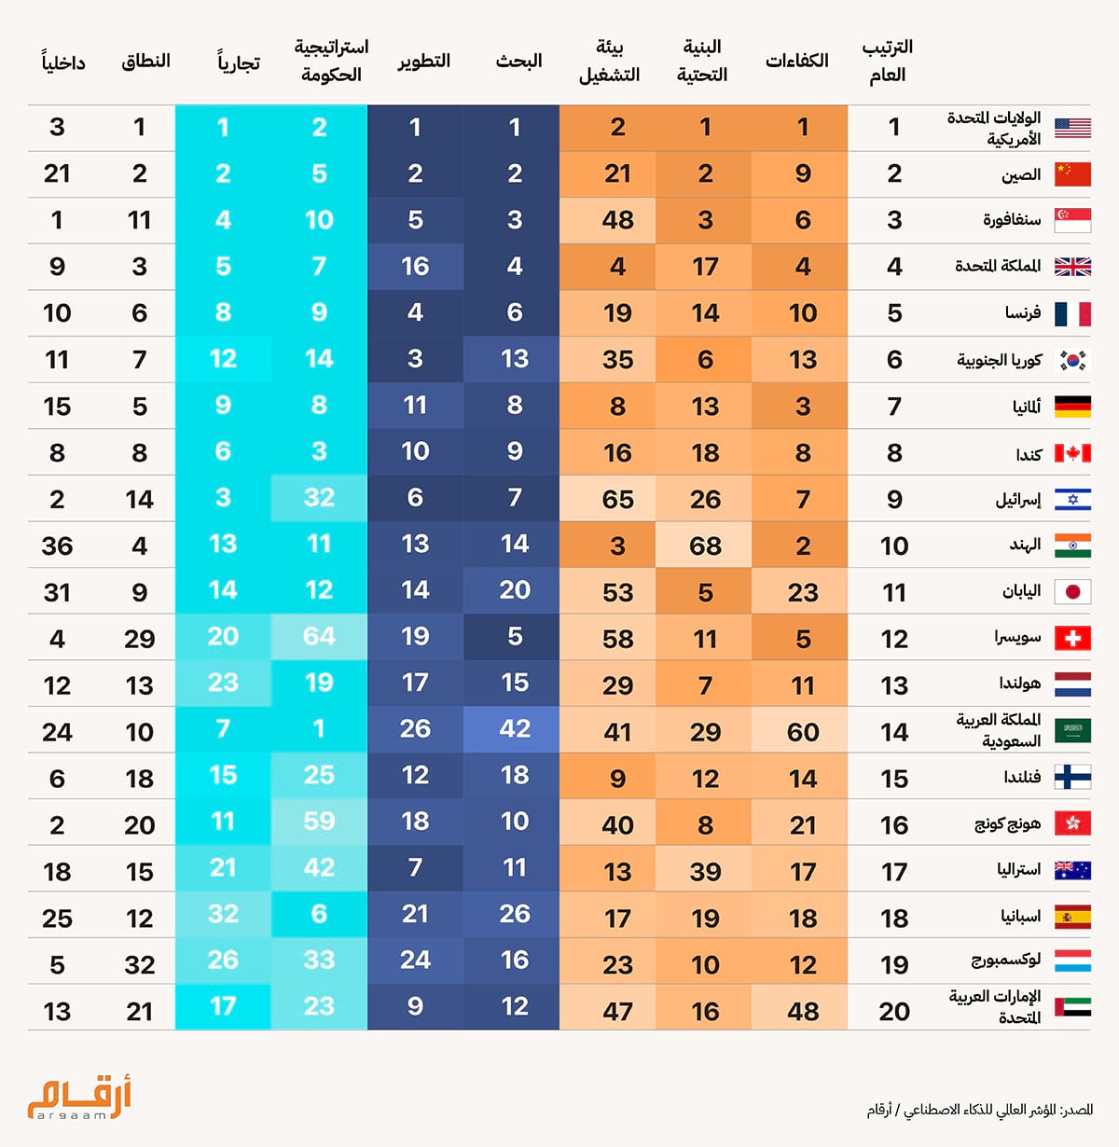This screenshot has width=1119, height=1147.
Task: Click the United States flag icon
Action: pos(1072,128)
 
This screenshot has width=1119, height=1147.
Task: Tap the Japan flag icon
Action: pos(1072,592)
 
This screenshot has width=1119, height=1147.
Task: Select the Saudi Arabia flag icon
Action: pos(1072,731)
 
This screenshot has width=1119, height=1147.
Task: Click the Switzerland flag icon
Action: pos(1072,639)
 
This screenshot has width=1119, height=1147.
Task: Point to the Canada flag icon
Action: pos(1072,453)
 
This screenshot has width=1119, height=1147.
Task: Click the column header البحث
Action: pos(518,61)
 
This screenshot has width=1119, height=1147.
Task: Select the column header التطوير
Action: pos(423,62)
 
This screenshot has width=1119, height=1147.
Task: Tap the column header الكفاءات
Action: pos(796,61)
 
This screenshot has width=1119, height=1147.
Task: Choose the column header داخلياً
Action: pos(63,62)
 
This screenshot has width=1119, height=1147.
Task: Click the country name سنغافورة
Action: pos(1012,220)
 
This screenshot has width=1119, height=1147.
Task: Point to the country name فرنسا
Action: pos(1024,311)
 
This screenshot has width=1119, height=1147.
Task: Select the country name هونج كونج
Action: pos(1008,824)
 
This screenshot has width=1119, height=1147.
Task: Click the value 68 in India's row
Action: pos(705,546)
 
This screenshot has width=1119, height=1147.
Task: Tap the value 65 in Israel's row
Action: pos(617,499)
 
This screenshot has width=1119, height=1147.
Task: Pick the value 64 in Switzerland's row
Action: pos(319,637)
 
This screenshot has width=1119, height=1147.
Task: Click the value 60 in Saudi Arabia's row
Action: pos(803,731)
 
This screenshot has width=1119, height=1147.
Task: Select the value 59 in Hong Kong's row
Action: pos(319,821)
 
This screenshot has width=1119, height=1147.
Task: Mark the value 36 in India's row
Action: pos(57,546)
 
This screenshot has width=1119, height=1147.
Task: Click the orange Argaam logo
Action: pos(78,1098)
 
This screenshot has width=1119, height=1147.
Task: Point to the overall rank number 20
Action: pos(894,1012)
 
